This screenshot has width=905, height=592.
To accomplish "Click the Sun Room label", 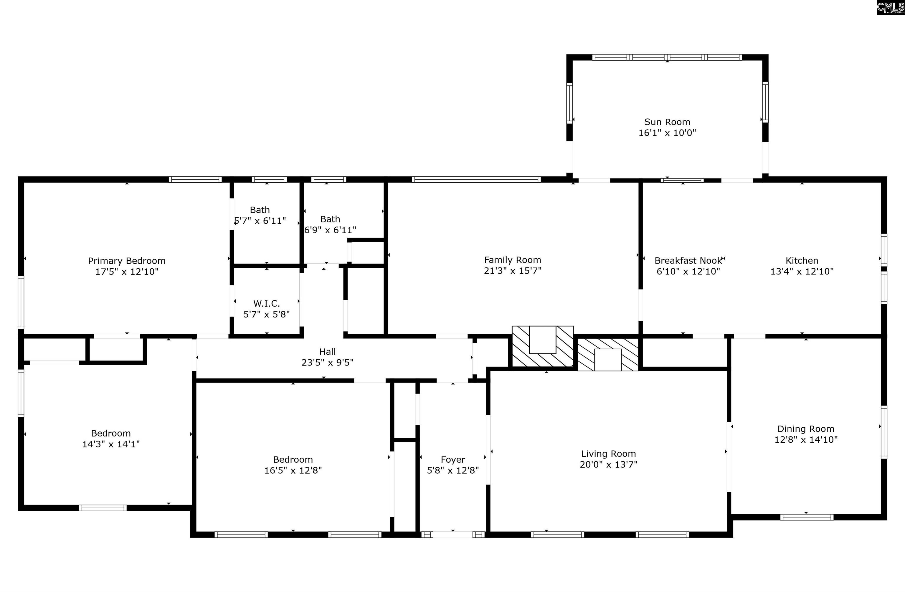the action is point(667,122).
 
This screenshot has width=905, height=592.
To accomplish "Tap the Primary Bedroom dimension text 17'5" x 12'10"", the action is point(127,272).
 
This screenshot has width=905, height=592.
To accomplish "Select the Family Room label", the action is point(513,260).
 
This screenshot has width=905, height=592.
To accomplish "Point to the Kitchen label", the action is point(802,261).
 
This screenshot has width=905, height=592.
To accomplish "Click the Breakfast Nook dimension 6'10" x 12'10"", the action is point(688,272).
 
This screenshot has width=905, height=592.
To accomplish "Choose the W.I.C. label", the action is point(267,304).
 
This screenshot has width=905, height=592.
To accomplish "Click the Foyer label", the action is point(453,460).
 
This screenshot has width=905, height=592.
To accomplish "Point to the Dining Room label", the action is point(806,429).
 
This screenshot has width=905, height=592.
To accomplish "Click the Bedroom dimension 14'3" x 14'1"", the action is point(111,444).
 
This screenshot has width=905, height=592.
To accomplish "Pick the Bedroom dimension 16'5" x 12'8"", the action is point(293,470).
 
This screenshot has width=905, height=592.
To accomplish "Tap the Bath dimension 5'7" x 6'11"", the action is point(260,221).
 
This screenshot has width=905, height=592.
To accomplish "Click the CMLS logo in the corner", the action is point(891,8).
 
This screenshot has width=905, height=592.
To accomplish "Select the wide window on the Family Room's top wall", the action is point(476,179).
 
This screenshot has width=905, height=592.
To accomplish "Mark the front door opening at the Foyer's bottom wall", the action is point(453,535).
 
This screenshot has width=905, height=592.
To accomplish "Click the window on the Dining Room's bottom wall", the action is point(807,517).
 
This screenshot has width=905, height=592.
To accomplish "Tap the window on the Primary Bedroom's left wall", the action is point(21,302).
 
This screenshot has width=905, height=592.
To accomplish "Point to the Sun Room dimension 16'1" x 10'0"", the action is point(667,133).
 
